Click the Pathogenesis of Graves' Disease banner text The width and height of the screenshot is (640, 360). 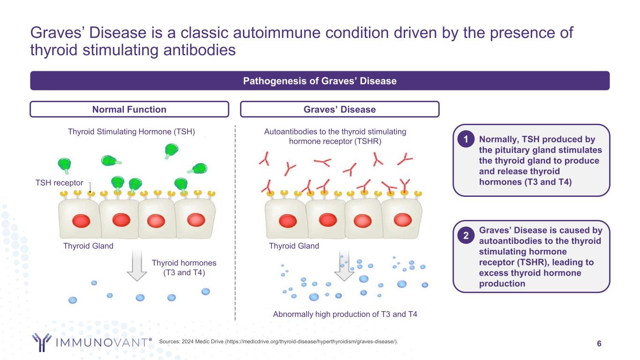(320, 81)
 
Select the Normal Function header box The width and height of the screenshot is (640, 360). (129, 109)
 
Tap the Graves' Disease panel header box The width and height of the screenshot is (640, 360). (339, 109)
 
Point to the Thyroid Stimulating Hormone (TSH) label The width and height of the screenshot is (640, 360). (131, 132)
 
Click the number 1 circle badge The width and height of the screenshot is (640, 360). (466, 139)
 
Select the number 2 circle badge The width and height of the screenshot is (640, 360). (466, 236)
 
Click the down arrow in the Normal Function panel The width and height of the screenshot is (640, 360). (137, 265)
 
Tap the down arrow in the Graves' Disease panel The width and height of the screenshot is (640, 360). (344, 265)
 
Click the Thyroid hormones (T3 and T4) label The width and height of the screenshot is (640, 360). (184, 268)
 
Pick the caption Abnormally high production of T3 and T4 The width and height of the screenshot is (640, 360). (345, 315)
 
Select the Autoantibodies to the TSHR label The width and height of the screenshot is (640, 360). (335, 137)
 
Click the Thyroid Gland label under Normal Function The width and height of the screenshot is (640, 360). (88, 246)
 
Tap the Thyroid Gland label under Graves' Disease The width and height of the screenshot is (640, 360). (294, 246)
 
